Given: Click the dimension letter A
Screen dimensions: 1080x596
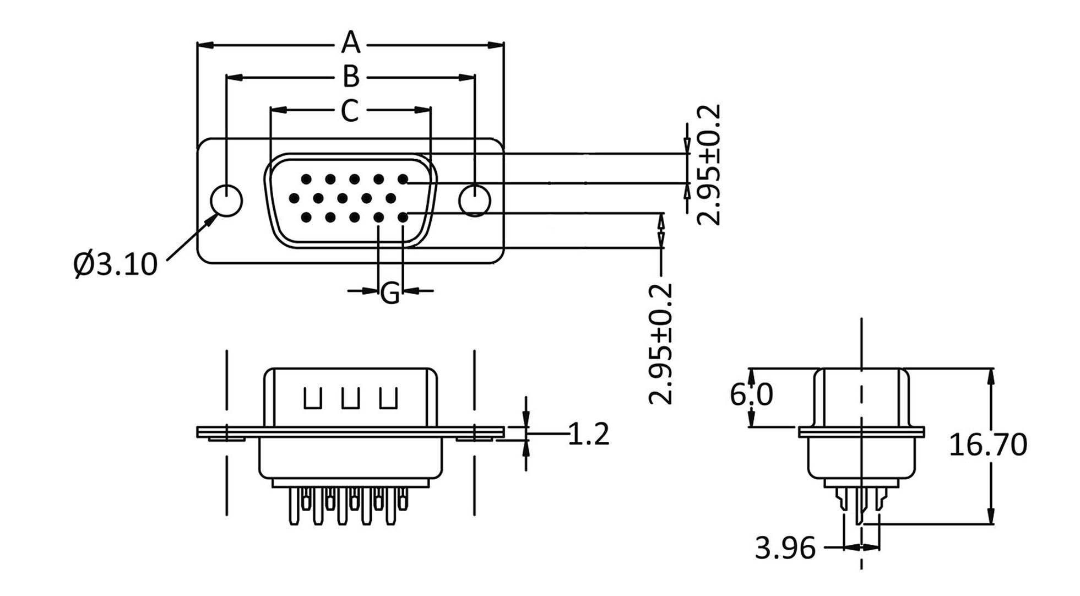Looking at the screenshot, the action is [350, 42].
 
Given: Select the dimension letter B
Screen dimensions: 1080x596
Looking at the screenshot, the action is [351, 77].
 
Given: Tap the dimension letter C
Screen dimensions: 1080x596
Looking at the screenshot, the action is [350, 111].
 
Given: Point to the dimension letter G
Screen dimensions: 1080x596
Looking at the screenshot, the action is [390, 292].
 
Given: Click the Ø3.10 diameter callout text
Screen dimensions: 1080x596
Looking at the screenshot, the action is [115, 264].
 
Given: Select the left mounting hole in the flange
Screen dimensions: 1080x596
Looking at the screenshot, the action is [227, 201].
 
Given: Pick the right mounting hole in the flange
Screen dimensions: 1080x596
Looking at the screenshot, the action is [475, 201].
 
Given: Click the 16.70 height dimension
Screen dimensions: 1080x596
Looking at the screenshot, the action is [988, 444].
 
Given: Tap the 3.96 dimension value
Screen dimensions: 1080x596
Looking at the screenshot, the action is [785, 548].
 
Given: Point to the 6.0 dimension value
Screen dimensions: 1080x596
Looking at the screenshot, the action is [751, 394].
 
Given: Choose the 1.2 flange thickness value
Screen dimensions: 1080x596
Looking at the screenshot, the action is [589, 434].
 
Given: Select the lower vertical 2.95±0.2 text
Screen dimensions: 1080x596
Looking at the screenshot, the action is [661, 344].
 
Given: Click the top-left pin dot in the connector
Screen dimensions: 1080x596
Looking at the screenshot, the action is [306, 179].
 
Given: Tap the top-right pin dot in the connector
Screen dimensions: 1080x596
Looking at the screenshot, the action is [403, 179].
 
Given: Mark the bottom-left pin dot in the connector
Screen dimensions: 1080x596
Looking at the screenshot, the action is [306, 218].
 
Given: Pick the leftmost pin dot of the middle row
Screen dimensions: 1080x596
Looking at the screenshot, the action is [294, 198].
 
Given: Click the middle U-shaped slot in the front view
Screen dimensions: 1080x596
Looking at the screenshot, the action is [350, 399].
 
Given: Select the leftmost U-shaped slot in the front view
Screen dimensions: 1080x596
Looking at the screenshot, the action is [313, 399].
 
